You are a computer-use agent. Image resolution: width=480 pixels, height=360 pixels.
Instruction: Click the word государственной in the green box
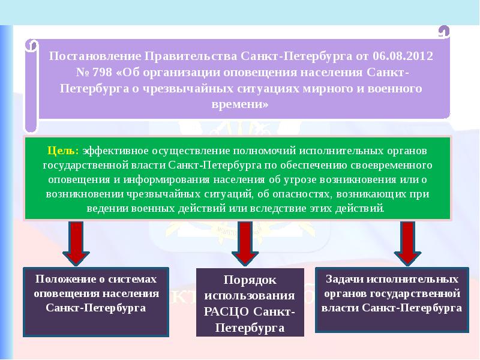(87, 164)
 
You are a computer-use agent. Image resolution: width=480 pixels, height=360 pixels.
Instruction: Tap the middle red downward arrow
(244, 242)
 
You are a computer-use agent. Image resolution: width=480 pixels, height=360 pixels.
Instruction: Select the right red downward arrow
(407, 242)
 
